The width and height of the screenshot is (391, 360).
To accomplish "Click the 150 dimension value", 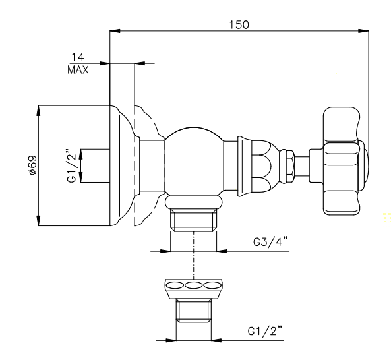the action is [239, 25].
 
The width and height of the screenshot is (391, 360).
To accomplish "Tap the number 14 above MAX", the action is [78, 57].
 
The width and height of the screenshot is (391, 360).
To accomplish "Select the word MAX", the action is [78, 70].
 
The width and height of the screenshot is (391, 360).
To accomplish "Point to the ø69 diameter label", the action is [33, 165].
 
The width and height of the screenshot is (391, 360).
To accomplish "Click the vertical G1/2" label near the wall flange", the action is [72, 165].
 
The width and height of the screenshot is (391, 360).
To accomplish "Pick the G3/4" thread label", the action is [270, 241].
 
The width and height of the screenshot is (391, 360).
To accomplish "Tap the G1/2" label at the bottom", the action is [265, 330].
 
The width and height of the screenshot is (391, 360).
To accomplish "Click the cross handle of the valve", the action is [342, 162].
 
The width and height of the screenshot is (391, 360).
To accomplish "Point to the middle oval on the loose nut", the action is [193, 285].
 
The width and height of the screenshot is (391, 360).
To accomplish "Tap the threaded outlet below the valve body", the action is [193, 220].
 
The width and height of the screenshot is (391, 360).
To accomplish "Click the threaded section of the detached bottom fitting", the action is [193, 311].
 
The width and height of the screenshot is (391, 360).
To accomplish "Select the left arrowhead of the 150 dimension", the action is [115, 31].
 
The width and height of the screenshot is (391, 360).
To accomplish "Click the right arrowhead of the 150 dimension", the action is [364, 31].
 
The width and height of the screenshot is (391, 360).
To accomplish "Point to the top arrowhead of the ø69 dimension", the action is [38, 111].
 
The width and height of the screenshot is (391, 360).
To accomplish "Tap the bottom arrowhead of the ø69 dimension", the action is [38, 221].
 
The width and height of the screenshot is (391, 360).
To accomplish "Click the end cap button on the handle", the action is [365, 165].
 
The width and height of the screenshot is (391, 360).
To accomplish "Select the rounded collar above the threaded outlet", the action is [193, 202].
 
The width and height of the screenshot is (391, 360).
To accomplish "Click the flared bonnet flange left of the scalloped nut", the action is [240, 165].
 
